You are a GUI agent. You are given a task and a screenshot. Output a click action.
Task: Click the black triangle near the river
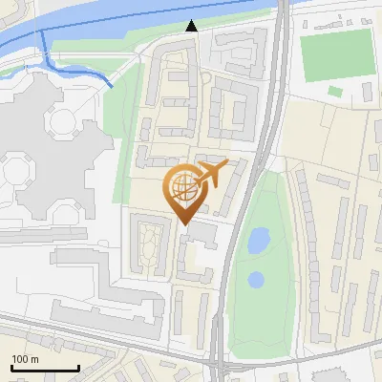coord(192,27)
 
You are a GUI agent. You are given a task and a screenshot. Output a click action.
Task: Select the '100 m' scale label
coord(26,359)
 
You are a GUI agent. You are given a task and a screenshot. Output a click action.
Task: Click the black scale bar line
coord(45,368)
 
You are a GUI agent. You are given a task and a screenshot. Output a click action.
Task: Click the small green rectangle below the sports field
coord(335,92)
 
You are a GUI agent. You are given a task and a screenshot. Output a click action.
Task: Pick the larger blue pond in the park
coord(258,241)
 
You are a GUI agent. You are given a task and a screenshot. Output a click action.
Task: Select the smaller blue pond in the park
coord(256,281)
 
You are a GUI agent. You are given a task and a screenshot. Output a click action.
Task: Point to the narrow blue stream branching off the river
coord(76,69)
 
